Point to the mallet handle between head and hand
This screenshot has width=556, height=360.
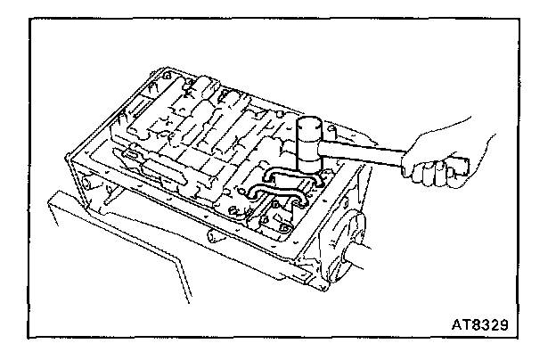click(365, 155)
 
